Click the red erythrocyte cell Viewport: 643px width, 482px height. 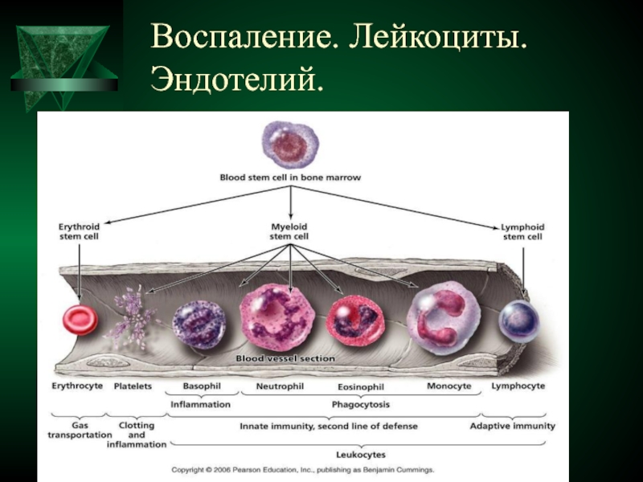80,320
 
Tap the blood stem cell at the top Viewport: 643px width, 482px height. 290,145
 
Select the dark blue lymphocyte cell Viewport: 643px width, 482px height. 518,320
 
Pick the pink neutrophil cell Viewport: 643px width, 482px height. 277,317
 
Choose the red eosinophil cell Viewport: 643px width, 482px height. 355,321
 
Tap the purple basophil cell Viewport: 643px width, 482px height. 199,325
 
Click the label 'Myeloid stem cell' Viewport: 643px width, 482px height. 289,231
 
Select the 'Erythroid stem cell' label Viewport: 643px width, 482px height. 79,231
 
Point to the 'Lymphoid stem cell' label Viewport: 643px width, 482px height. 523,232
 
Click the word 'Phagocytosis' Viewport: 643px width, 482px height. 361,405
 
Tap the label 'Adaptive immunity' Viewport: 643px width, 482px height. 513,427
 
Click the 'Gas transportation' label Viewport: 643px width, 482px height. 80,430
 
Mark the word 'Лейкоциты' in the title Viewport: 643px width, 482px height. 438,37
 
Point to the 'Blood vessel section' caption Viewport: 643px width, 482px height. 285,358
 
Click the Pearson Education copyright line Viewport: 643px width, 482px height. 303,470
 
